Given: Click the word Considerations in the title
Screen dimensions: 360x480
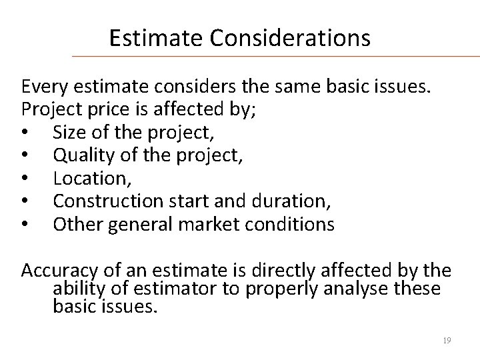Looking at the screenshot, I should click(x=290, y=38).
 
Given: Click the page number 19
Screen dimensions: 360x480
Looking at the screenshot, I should click(x=447, y=341).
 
